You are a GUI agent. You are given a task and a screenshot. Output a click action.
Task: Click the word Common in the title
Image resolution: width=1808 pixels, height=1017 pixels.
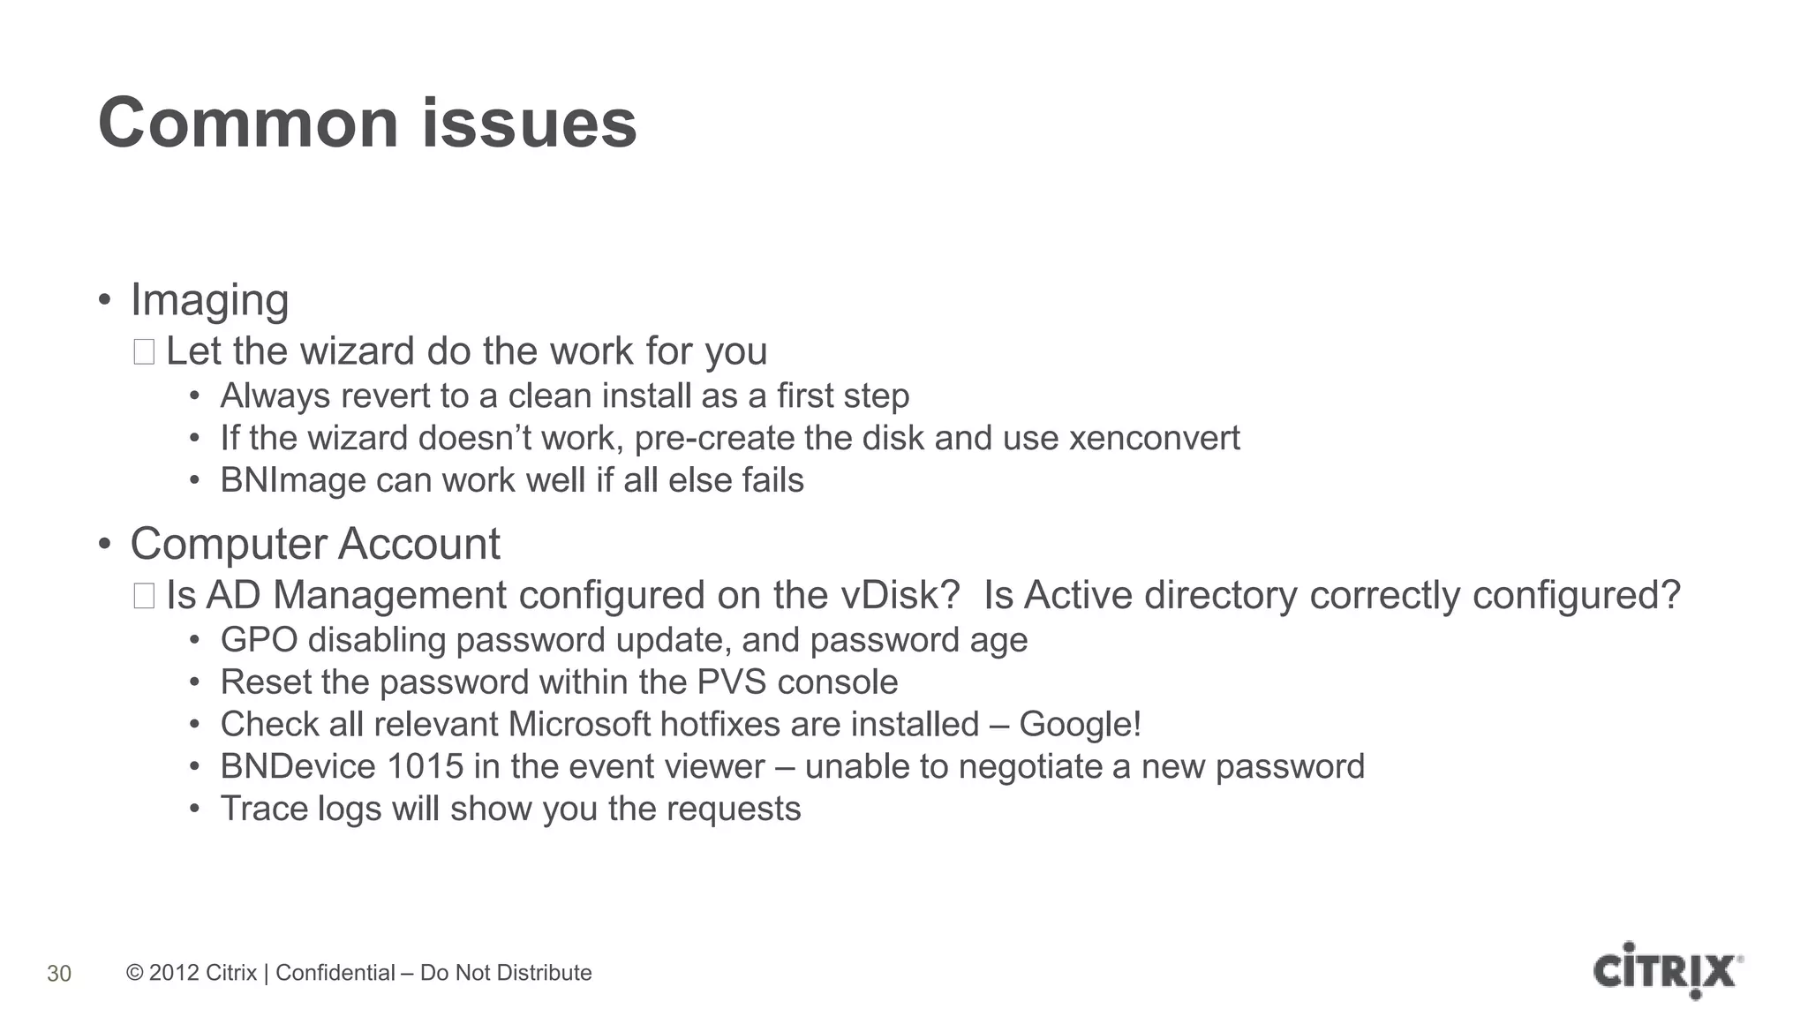click(249, 124)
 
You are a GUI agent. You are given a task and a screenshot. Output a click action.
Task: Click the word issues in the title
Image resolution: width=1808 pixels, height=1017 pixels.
click(529, 124)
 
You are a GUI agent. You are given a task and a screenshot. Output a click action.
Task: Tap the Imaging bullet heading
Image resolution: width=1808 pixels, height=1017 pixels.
click(209, 301)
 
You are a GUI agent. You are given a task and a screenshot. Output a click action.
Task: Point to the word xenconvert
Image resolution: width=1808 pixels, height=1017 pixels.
click(1154, 439)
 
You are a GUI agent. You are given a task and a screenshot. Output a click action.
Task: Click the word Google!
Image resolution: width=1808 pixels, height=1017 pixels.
click(1080, 725)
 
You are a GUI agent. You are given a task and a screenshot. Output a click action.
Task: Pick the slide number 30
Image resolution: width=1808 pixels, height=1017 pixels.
click(59, 974)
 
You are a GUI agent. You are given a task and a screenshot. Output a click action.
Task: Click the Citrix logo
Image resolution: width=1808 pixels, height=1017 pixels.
click(1667, 971)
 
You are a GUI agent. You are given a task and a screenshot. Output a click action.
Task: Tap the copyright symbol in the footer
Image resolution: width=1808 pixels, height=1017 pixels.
click(134, 973)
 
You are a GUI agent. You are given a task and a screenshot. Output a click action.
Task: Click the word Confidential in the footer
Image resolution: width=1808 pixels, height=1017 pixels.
click(335, 973)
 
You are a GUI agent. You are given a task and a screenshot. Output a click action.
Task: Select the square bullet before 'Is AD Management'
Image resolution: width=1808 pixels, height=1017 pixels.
click(144, 596)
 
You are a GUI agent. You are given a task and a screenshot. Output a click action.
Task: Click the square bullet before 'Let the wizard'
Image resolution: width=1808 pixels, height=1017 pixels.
click(144, 352)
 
